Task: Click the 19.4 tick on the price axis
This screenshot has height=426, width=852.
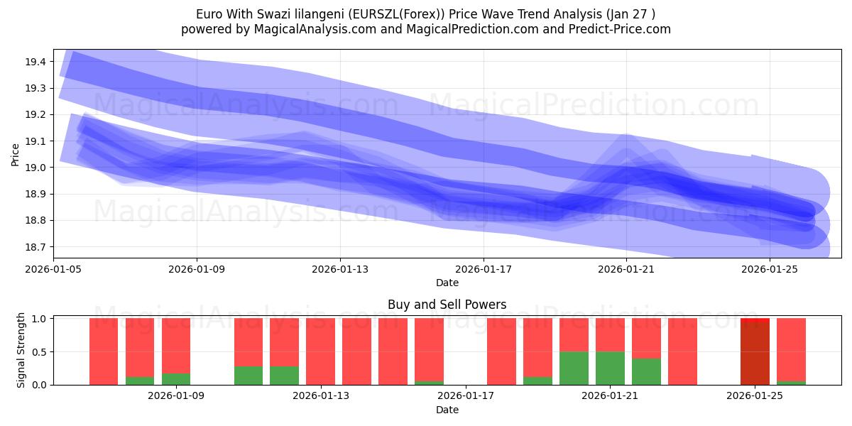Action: [35, 62]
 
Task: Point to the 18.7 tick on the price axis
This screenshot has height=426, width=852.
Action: [35, 247]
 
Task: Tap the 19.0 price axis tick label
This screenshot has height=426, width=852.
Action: [35, 168]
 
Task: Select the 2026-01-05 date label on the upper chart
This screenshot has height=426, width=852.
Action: [54, 269]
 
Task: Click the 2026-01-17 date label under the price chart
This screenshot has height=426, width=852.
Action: [483, 269]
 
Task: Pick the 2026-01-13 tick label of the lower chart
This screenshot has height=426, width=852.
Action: [321, 395]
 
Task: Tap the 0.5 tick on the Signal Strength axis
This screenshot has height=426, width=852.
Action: [39, 352]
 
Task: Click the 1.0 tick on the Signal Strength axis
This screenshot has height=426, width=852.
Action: [39, 319]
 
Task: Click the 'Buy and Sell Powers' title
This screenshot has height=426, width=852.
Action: [447, 305]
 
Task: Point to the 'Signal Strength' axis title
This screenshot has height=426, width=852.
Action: [21, 349]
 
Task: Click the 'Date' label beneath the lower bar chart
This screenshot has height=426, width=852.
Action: [447, 410]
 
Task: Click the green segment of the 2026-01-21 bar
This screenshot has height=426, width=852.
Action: [610, 368]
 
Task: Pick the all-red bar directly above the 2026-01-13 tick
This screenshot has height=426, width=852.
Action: [321, 351]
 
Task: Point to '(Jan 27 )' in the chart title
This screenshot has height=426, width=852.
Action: [630, 14]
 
